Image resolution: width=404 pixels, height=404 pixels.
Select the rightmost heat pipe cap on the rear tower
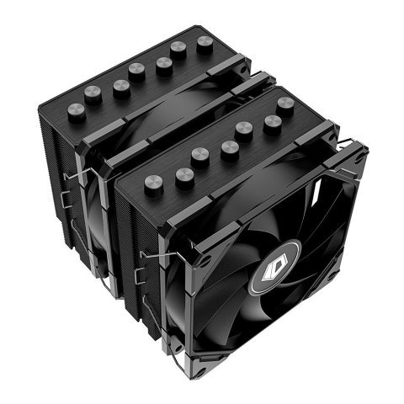tap(205, 45)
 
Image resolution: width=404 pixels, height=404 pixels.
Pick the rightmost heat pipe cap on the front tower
tap(285, 105)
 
